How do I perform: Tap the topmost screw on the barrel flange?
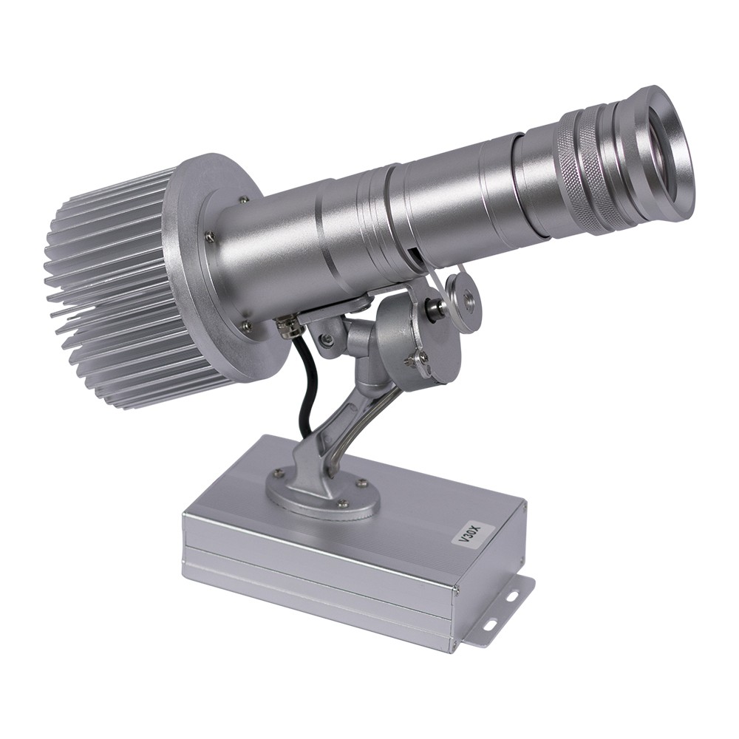(x=243, y=200)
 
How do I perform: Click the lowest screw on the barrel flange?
(x=245, y=324)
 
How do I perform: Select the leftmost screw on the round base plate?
(x=278, y=473)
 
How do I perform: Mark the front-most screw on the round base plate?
(x=342, y=504)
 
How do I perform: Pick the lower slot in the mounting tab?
(x=489, y=625)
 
